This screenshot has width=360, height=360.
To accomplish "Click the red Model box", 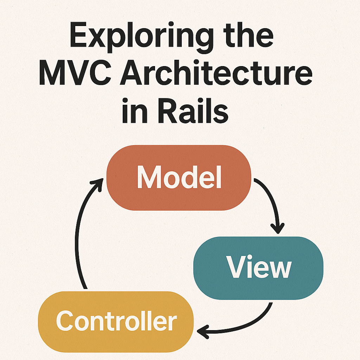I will (x=179, y=178).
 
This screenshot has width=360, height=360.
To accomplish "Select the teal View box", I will (x=258, y=268).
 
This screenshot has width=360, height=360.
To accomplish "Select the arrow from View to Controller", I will (x=246, y=325).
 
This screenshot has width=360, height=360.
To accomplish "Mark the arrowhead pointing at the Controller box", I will (x=203, y=331).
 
